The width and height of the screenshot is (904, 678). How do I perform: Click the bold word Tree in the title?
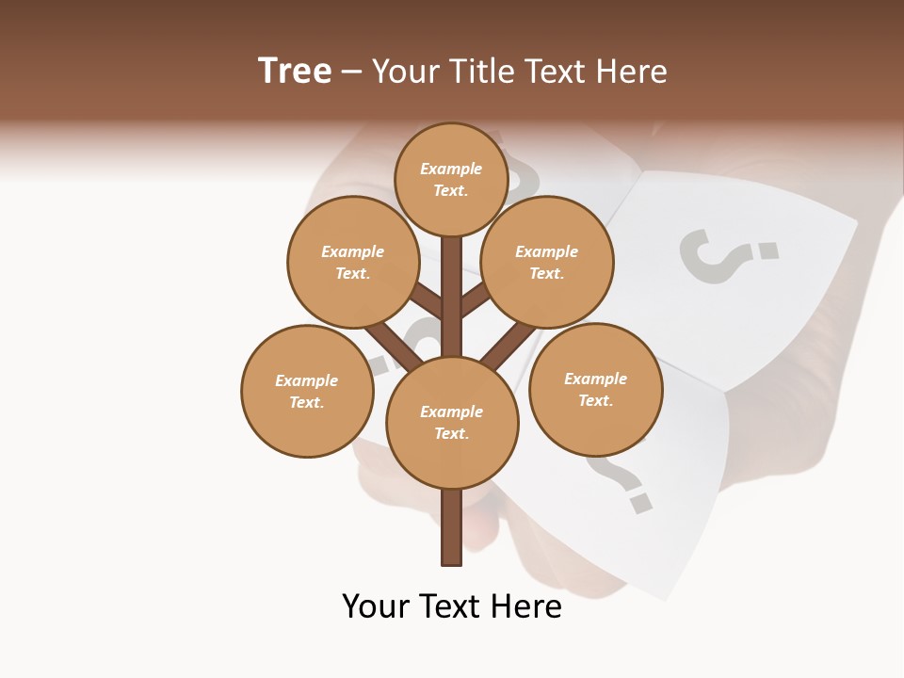(295, 71)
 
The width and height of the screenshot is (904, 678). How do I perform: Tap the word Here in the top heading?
(632, 71)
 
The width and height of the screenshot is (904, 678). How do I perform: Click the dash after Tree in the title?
(351, 73)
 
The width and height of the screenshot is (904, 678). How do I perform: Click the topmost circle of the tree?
(451, 179)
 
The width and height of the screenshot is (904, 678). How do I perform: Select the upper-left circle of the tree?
(352, 262)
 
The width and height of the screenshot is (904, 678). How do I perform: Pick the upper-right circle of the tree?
(546, 262)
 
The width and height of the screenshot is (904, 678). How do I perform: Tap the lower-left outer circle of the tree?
(307, 391)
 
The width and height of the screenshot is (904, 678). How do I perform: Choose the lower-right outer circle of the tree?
(595, 389)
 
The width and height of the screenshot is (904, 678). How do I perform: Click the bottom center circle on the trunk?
(452, 422)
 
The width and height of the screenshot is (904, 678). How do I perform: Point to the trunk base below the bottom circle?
(452, 527)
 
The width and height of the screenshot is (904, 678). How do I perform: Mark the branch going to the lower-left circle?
(394, 346)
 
